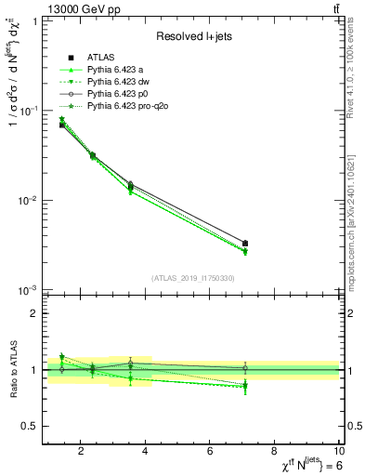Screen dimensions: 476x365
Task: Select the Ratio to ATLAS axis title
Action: pyautogui.click(x=12, y=371)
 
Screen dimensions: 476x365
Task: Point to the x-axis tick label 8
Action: pyautogui.click(x=275, y=453)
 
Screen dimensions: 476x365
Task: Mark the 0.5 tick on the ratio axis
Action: pyautogui.click(x=31, y=426)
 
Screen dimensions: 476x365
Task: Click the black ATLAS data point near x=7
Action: pyautogui.click(x=245, y=244)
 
